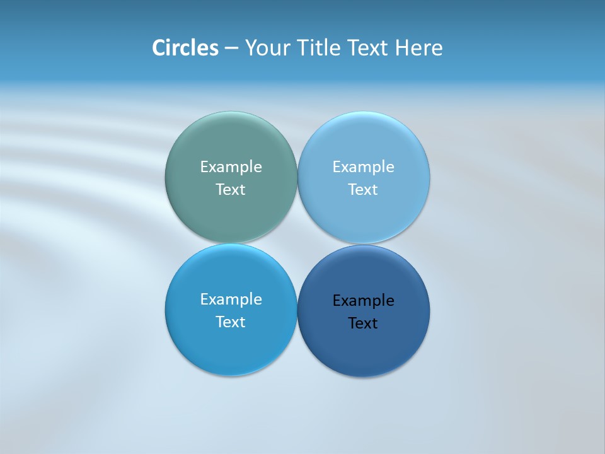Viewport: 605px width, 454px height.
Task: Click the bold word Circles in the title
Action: tap(185, 48)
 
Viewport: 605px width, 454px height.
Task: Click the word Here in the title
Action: tap(419, 48)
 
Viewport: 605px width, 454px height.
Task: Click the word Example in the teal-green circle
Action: tap(231, 167)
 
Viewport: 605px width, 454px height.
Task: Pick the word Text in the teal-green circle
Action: tap(231, 190)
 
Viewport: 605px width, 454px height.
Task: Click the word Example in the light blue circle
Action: tap(363, 167)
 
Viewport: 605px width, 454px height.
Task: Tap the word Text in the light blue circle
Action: tap(363, 190)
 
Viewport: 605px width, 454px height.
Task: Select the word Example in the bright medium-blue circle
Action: tap(231, 300)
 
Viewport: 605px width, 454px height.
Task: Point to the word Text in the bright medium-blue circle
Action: tap(231, 322)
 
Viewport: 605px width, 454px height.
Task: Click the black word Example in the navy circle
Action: tap(363, 301)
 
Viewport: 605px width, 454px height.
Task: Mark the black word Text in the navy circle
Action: tap(363, 323)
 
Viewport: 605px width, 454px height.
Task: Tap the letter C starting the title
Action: tap(158, 48)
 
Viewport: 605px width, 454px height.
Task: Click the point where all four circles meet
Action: tap(297, 244)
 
